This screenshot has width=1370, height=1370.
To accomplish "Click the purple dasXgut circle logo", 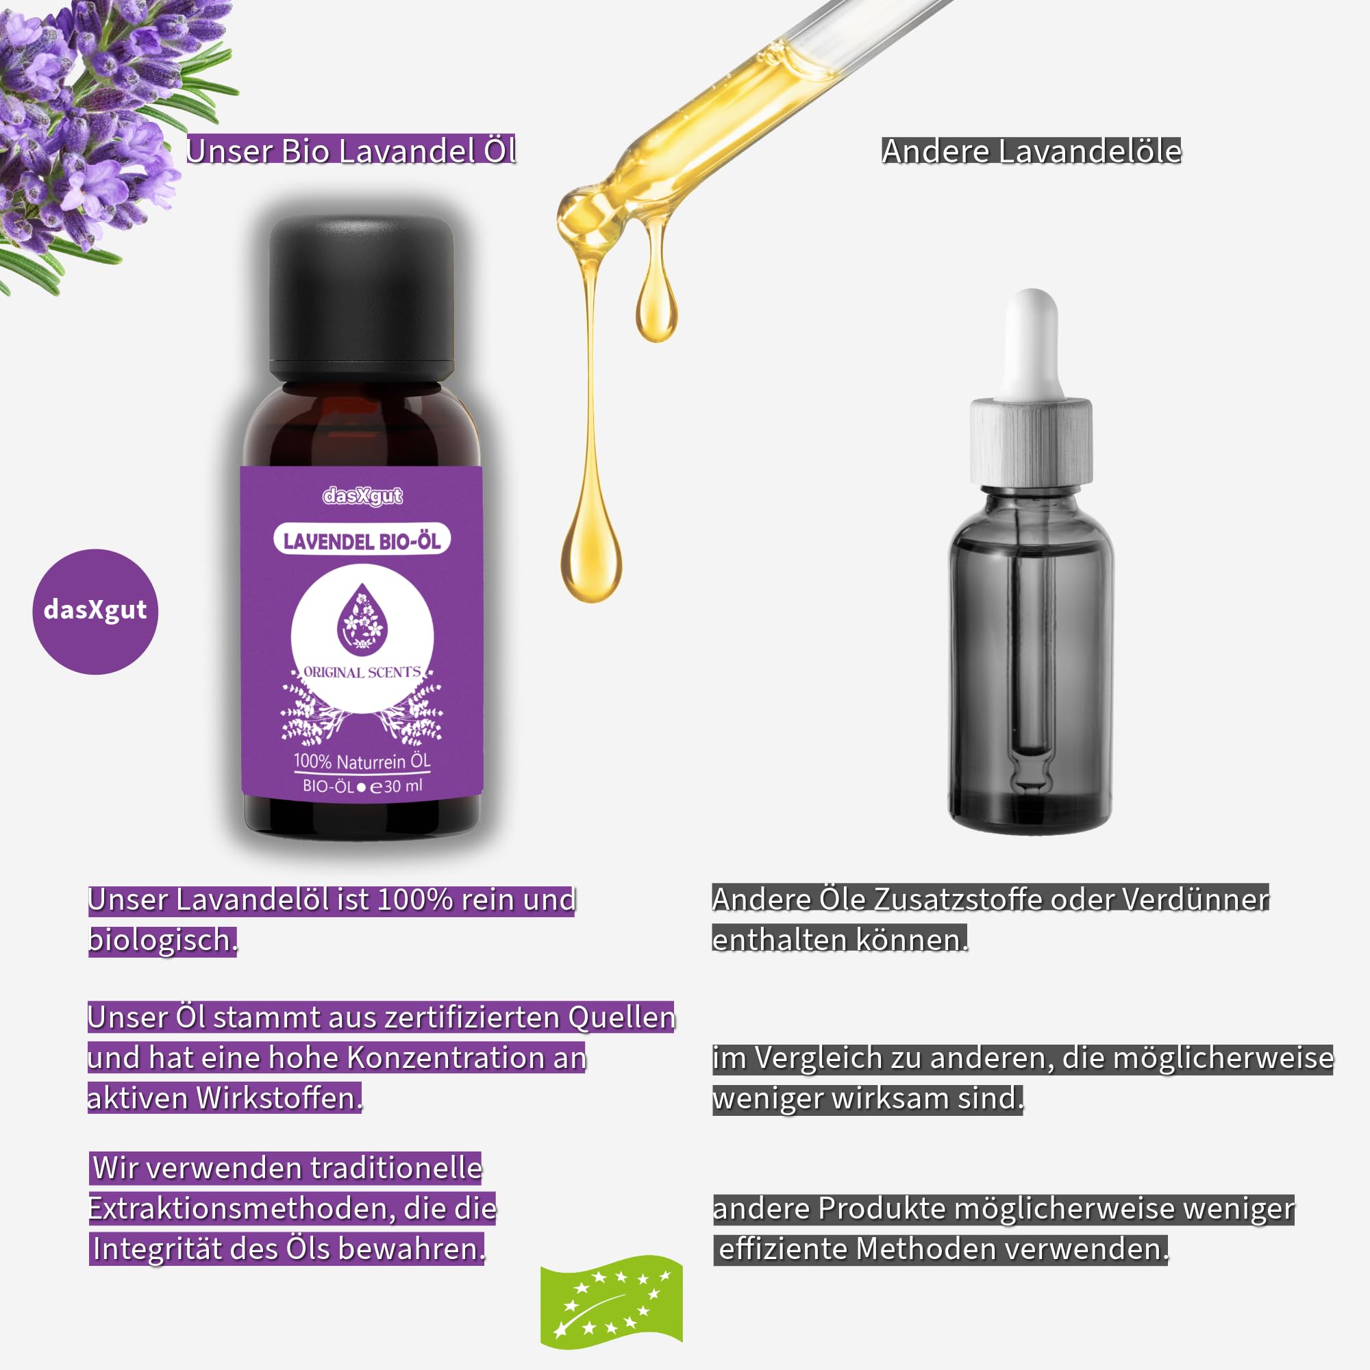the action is [x=95, y=611].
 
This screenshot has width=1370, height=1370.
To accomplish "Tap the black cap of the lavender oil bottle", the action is [x=361, y=298].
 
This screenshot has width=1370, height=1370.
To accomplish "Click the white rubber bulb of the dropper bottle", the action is [x=1032, y=345].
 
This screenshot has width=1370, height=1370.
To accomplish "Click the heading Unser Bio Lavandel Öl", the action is [x=351, y=150].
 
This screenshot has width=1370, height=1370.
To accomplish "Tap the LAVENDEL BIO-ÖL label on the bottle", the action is [x=362, y=542].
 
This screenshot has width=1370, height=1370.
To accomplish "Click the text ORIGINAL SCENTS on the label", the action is [x=362, y=672].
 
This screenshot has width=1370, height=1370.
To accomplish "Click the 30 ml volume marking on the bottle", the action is [x=403, y=786].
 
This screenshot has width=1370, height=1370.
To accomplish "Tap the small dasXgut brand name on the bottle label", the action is [x=362, y=496].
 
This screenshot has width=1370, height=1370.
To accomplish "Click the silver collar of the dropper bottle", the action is [x=1031, y=443].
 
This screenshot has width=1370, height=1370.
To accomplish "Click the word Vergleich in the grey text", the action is [x=815, y=1059].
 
